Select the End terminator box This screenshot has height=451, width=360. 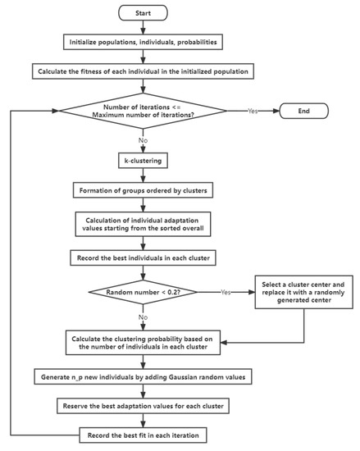(x=303, y=110)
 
